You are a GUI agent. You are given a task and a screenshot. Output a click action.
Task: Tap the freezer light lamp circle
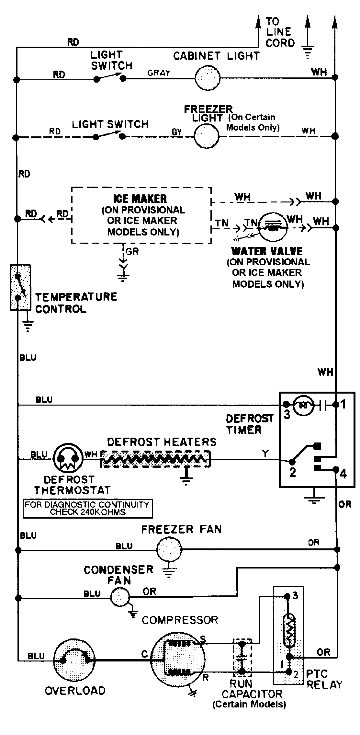tap(207, 136)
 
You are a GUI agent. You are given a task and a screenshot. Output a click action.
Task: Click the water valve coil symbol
tap(274, 227)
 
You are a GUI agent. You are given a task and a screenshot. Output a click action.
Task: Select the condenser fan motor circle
tap(120, 597)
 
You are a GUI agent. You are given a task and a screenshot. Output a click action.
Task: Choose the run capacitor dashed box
tap(242, 658)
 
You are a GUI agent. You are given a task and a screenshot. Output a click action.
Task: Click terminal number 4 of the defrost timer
tap(343, 474)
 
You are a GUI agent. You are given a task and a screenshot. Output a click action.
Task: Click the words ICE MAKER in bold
tap(140, 199)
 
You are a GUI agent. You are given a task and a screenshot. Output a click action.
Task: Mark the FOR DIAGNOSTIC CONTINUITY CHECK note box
tap(87, 508)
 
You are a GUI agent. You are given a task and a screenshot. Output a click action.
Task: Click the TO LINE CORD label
tap(279, 32)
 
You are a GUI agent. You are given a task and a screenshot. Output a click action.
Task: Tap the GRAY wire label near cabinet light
tap(159, 73)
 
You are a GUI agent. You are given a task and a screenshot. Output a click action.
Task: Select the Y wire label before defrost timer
tap(265, 454)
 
